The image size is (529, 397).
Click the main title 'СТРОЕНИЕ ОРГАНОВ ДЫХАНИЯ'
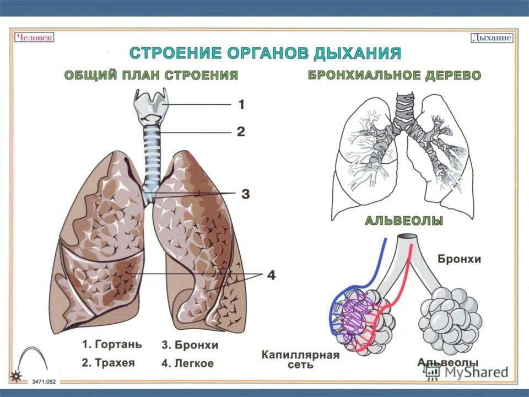tap(264, 53)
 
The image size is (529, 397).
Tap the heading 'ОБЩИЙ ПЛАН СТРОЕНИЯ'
tap(151, 76)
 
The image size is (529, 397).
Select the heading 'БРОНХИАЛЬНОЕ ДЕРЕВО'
tap(394, 76)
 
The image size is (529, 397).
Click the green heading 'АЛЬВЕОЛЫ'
tap(404, 221)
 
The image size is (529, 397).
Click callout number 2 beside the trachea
tap(241, 132)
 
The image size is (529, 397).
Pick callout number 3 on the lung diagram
tap(245, 194)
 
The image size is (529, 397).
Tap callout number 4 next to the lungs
tap(271, 275)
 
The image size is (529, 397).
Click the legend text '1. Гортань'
tap(112, 344)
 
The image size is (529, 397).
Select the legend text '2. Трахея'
tap(109, 363)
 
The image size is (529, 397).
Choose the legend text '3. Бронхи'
tap(190, 345)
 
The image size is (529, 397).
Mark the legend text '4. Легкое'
tap(187, 363)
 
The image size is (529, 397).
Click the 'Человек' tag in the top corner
tap(34, 37)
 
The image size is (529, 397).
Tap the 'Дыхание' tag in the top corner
tap(492, 38)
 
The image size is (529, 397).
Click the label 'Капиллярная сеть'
tap(300, 360)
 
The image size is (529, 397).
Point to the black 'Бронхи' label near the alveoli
tap(460, 259)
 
